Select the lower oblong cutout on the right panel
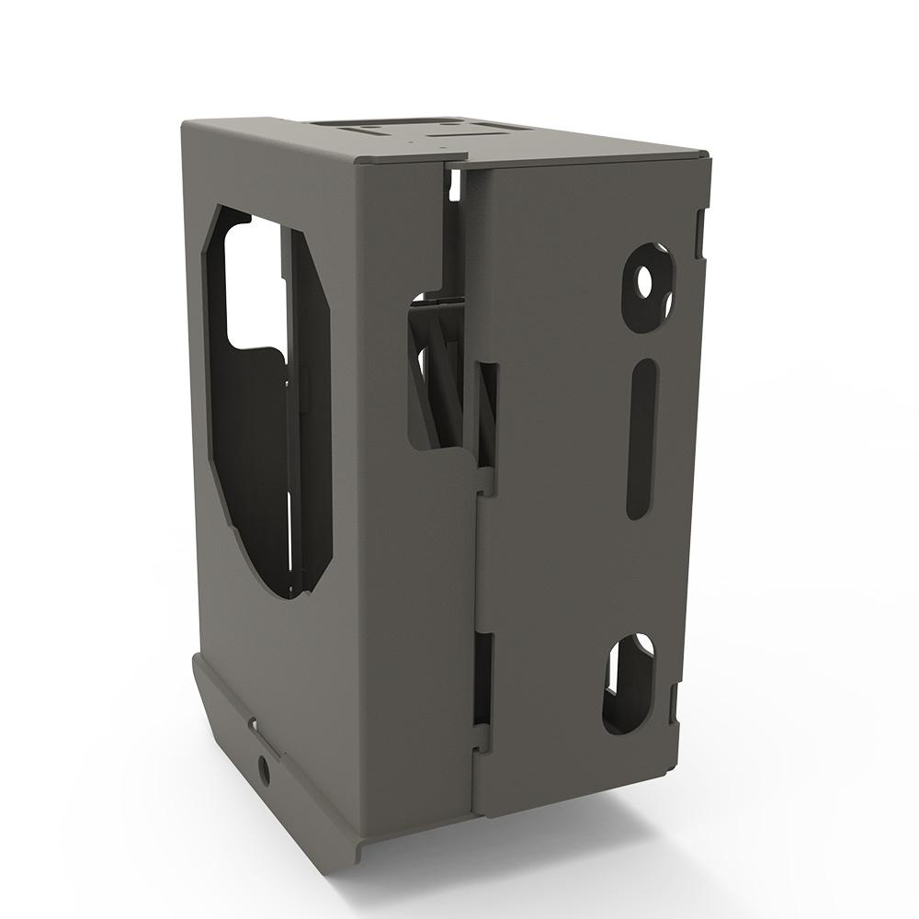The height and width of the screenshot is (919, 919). tap(629, 684)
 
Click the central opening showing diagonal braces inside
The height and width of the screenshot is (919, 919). tap(437, 377)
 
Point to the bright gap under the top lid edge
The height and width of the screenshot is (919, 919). tap(454, 184)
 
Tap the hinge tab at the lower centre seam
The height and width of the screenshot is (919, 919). tap(480, 735)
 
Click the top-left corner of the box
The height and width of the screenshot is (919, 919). tap(183, 122)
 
